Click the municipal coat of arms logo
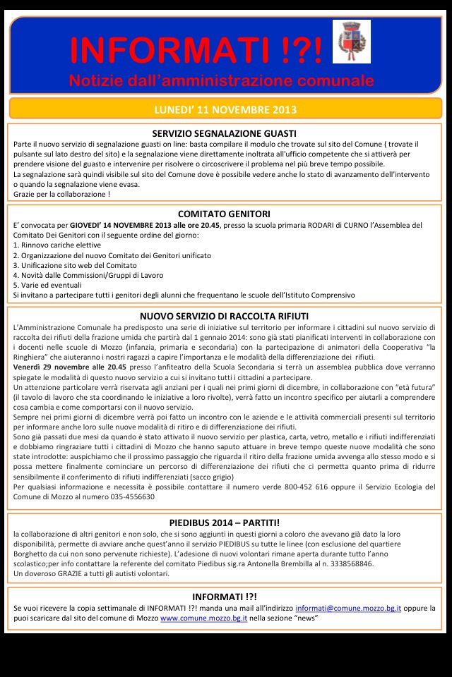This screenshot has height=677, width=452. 351,42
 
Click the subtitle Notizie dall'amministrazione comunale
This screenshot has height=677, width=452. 221,80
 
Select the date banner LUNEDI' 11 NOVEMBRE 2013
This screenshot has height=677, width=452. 225,109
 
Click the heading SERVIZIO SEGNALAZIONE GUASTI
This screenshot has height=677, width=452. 224,133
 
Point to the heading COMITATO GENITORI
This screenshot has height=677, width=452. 224,214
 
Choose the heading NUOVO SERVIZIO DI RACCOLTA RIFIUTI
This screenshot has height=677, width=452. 224,317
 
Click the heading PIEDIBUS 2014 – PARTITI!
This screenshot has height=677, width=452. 224,523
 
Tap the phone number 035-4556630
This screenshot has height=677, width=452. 129,496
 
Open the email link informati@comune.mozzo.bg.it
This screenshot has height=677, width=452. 348,607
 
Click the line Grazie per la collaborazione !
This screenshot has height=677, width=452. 61,194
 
